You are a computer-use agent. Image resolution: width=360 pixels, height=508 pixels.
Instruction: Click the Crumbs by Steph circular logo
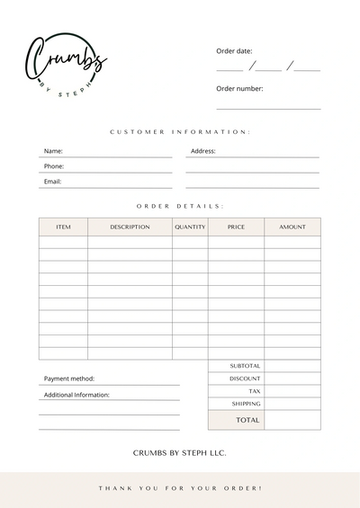pos(66,66)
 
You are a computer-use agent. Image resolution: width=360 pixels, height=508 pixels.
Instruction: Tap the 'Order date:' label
pos(234,50)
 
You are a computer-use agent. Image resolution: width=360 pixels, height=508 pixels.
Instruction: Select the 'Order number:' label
pos(239,88)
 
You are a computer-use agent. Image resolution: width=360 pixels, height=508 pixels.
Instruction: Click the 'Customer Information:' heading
pos(180,132)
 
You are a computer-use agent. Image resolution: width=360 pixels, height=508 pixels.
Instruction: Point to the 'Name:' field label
pos(53,151)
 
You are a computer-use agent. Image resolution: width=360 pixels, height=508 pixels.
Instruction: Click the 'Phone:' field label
pos(54,166)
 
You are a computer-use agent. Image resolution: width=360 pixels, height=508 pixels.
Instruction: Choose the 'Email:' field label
pos(52,182)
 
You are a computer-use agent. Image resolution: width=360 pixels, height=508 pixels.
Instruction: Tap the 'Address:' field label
pos(203,151)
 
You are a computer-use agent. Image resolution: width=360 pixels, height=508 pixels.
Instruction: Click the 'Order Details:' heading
pos(180,206)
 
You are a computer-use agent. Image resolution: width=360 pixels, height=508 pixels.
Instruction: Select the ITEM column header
pos(63,227)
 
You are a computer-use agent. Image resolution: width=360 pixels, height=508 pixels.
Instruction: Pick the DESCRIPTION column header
pos(130,227)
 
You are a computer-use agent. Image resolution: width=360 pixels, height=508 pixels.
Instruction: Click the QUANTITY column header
pos(190,227)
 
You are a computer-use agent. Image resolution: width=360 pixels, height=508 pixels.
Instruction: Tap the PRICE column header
pos(236,227)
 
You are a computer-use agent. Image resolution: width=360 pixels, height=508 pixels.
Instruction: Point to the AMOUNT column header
pos(292,227)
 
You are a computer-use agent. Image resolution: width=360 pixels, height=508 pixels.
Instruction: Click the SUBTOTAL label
pos(245,366)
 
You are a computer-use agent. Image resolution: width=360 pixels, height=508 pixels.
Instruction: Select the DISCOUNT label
pos(245,379)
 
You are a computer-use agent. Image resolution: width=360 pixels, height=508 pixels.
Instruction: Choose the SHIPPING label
pos(246,404)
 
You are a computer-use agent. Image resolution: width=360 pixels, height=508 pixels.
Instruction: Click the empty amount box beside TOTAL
pos(292,420)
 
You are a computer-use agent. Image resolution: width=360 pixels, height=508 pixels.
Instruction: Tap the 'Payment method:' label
pos(69,379)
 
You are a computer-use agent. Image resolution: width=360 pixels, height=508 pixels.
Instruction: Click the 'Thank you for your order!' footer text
pos(180,488)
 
